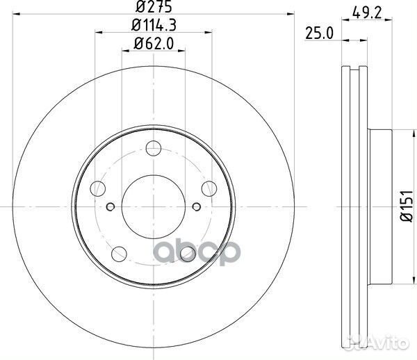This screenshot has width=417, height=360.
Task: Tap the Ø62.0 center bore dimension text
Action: (x=153, y=46)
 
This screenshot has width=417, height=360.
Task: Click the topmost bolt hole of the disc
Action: (x=154, y=148)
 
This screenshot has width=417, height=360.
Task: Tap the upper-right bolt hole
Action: (x=207, y=188)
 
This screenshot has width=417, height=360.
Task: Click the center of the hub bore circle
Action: (x=154, y=206)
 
